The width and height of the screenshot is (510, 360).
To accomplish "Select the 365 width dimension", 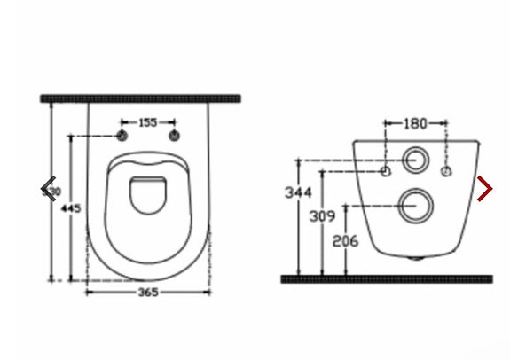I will click(x=149, y=292).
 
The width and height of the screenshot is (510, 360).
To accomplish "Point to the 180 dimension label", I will click(x=415, y=123).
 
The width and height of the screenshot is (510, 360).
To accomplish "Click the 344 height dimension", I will click(x=297, y=192).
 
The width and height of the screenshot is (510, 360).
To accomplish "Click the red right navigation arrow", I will click(x=484, y=188).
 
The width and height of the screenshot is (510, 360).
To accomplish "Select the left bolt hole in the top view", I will click(x=121, y=136).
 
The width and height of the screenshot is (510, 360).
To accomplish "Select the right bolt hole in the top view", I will click(x=174, y=136).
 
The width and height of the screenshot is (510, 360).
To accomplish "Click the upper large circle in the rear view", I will click(x=414, y=161).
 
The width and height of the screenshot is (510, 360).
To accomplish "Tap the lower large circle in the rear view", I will click(x=413, y=205).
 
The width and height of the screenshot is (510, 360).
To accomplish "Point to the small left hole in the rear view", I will click(x=386, y=168).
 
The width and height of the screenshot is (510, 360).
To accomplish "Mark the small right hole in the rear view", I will click(x=446, y=168).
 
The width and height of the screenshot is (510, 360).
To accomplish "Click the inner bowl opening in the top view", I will click(x=147, y=196).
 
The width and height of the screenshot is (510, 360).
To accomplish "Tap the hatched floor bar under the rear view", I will click(x=386, y=279).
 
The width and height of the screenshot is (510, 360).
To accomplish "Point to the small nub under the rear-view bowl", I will click(x=416, y=259).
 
